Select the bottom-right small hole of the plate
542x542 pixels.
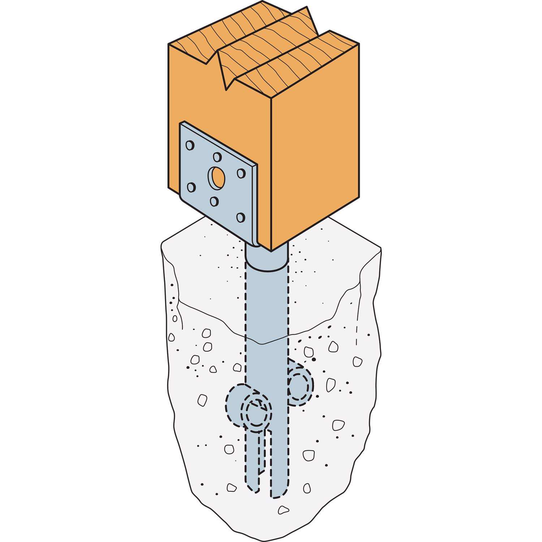[240, 217]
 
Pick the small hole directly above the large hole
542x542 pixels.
[217, 157]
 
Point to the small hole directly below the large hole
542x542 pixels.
[214, 201]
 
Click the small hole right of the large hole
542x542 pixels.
[241, 173]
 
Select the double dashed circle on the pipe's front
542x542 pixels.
[258, 414]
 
